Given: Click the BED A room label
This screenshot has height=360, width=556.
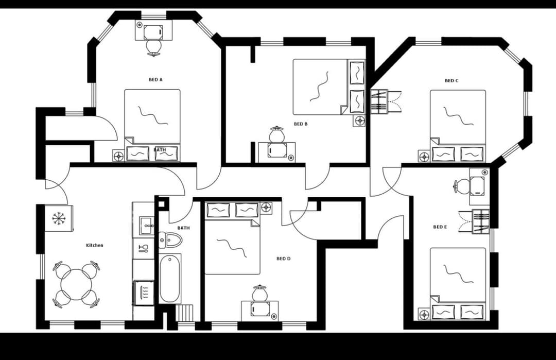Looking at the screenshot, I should click(x=155, y=80).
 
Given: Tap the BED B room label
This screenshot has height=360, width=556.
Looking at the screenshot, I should click(x=301, y=124).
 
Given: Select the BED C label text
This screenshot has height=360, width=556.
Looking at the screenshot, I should click(x=451, y=81).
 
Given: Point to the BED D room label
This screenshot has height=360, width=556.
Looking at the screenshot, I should click(x=284, y=259).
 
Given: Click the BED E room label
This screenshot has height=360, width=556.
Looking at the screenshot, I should click(x=440, y=227).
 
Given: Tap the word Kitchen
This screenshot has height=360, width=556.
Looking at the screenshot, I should click(x=95, y=245).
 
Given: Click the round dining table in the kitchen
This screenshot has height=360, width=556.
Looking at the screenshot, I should click(x=76, y=285).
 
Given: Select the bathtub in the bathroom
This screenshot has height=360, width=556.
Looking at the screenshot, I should click(x=170, y=278).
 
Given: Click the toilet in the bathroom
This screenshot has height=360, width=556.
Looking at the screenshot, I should click(x=171, y=239).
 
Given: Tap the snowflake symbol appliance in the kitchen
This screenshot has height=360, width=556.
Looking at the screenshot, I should click(x=59, y=218).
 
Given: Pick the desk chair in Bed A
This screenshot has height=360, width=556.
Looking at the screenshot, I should click(x=153, y=47).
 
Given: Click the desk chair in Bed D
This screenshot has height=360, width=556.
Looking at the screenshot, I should click(x=259, y=293).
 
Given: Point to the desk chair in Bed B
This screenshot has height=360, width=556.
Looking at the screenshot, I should click(x=277, y=134).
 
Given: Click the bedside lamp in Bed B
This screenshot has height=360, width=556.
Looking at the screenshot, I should click(x=359, y=121).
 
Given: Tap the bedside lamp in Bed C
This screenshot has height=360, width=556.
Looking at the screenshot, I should click(x=424, y=156).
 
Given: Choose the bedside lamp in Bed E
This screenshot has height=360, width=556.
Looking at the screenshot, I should click(x=424, y=314).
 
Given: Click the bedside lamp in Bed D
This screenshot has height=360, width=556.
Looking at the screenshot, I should click(x=266, y=208).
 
